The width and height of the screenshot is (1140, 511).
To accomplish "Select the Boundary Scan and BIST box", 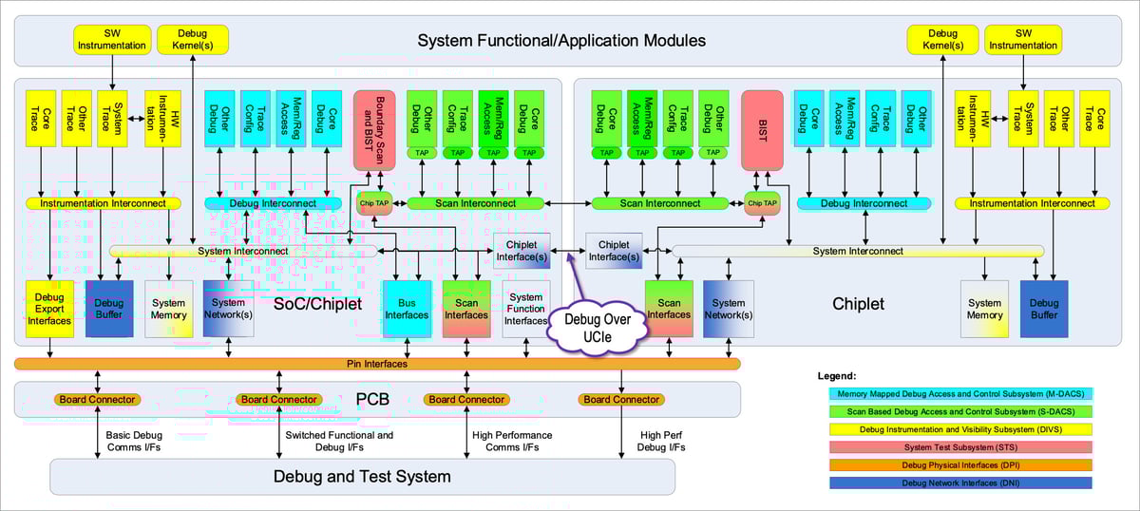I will pos(380,130).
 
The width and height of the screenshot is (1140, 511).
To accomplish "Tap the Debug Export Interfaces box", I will pos(48,309).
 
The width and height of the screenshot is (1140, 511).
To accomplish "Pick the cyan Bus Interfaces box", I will pos(407,309).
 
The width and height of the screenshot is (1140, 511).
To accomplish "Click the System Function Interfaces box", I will pos(525,309).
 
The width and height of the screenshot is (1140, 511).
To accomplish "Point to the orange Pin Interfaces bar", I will pos(378,363).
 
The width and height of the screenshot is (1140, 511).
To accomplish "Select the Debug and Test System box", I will pos(362,476).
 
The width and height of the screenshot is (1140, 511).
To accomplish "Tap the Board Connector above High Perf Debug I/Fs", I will pos(621,399).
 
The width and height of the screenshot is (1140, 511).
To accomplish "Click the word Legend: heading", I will pos(836,376).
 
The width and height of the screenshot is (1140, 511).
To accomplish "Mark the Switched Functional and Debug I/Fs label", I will pos(338,441).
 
